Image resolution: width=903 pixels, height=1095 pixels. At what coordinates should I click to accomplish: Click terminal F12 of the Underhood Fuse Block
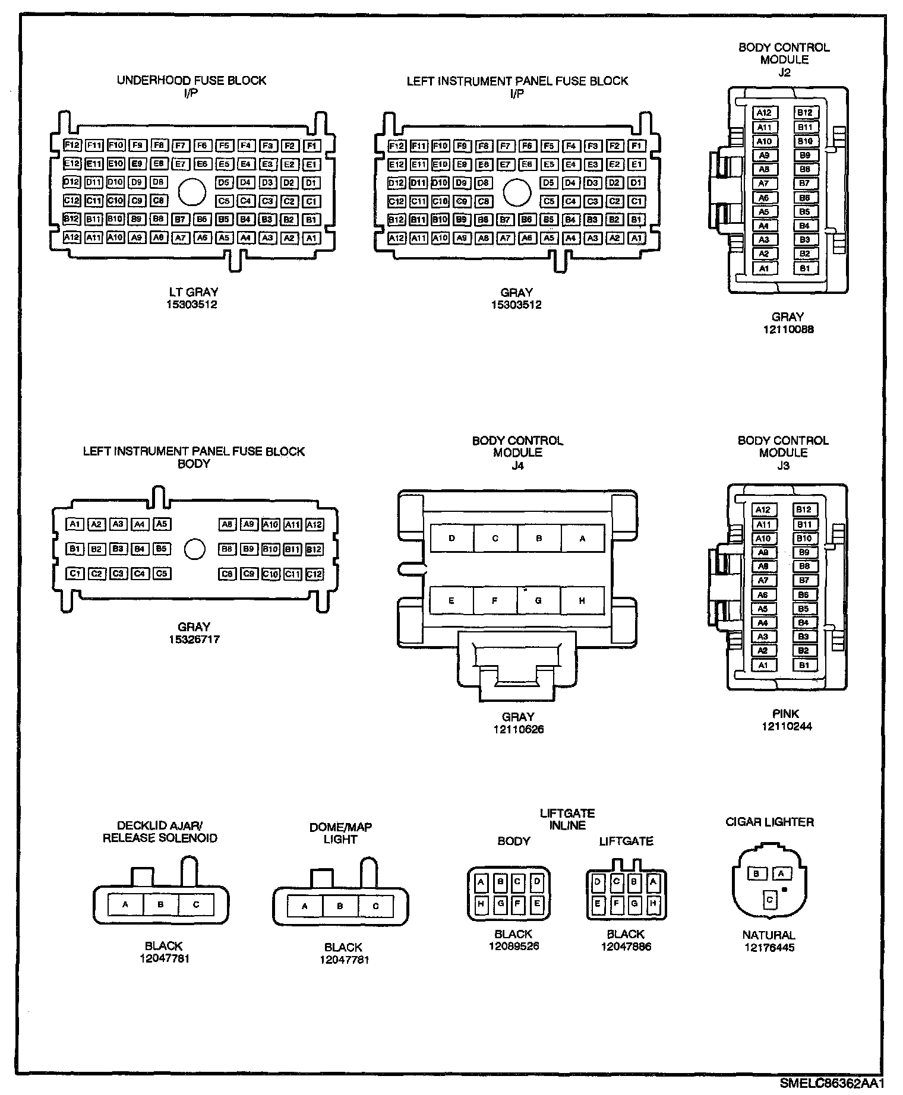coord(72,145)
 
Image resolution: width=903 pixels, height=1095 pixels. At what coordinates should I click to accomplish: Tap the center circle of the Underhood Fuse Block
coord(192,192)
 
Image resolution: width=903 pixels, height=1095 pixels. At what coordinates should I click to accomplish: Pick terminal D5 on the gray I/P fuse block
coord(548,183)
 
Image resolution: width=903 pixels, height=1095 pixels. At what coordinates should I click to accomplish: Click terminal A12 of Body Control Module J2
coord(764,113)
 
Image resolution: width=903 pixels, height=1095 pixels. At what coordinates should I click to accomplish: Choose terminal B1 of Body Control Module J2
coord(805,268)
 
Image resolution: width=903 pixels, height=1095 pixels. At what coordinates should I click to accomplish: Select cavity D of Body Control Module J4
coord(452,539)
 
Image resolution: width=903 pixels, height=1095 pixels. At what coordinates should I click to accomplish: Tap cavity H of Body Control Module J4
coord(582,601)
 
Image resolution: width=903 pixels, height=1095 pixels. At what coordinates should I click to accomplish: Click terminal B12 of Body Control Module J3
coord(804,509)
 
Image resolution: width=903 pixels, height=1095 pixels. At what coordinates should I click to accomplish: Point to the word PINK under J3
coord(787,714)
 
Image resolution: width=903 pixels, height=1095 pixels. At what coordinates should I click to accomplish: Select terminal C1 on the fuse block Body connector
coord(75,574)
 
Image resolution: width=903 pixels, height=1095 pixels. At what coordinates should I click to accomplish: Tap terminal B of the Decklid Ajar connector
coord(160,905)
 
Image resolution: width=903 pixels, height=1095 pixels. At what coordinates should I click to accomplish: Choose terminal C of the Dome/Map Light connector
coord(375,907)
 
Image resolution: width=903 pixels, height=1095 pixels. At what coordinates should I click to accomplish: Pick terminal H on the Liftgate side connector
coord(653,904)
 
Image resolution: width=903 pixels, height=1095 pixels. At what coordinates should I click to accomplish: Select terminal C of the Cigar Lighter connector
coord(769,900)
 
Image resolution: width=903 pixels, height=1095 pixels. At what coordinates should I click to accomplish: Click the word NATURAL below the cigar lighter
coord(769,935)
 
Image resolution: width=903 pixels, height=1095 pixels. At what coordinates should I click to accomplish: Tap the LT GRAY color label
coord(193,292)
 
